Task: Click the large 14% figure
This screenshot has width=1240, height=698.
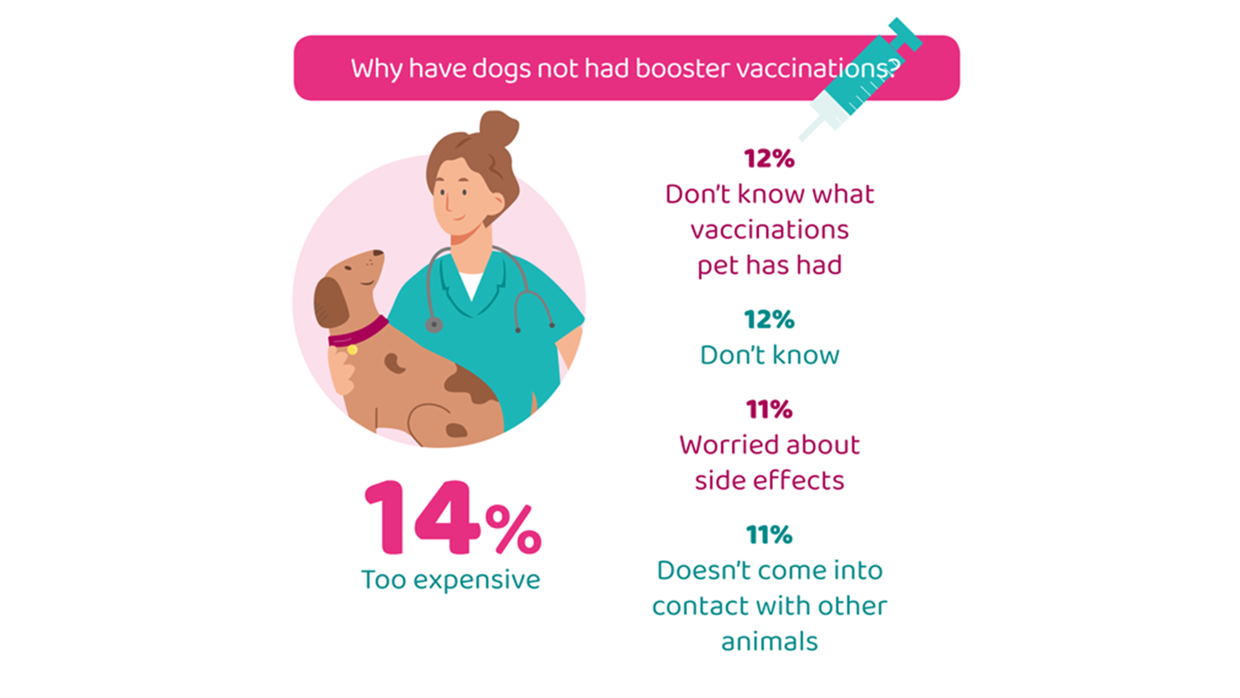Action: [x=453, y=518]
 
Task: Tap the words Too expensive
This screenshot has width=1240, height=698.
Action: [x=450, y=580]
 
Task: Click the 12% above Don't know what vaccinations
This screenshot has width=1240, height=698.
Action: [x=769, y=158]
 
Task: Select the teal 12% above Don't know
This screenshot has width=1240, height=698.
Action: [x=769, y=319]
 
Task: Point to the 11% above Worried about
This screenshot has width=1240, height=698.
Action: [x=769, y=409]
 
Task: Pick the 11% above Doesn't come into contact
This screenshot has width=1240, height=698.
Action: [x=769, y=534]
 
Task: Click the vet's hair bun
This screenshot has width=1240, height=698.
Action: [x=499, y=128]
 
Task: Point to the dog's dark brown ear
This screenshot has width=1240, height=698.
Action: [x=331, y=302]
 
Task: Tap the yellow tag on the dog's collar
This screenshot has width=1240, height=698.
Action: [x=352, y=350]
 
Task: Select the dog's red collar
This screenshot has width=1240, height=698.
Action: [x=358, y=332]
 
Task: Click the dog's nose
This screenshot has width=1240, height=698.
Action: [x=378, y=253]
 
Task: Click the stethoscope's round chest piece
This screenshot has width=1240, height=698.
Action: [x=434, y=324]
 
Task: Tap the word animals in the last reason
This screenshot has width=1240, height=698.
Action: [x=769, y=642]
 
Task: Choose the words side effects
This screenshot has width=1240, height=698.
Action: [x=769, y=480]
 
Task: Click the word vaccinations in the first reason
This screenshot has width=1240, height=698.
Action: [x=769, y=230]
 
